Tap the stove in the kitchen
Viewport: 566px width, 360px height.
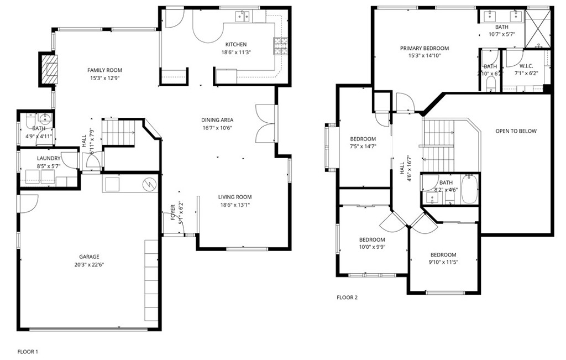click(280, 46)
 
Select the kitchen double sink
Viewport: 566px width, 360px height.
click(242, 17)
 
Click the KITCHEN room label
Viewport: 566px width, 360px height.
click(235, 44)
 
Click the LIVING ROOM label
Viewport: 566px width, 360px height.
click(235, 197)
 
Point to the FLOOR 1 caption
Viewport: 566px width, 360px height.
click(28, 351)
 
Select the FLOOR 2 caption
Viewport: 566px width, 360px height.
click(347, 298)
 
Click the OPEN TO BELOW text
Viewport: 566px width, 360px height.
click(515, 131)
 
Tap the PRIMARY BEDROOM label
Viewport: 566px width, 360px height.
click(424, 48)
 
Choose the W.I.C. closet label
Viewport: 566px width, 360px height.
click(526, 66)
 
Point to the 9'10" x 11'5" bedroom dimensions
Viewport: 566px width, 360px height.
click(444, 262)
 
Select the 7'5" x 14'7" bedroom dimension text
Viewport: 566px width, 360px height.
click(363, 147)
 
